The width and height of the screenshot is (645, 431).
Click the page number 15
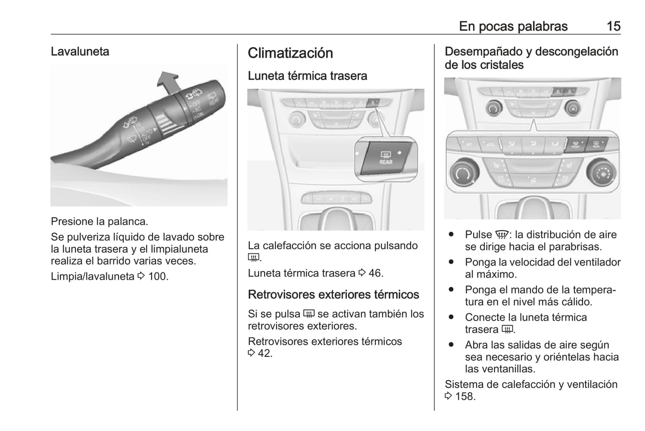[x=613, y=26]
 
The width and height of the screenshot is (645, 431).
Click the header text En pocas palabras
[x=513, y=26]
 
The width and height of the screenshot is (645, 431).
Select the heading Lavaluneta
[x=80, y=51]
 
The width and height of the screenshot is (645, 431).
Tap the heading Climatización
[x=290, y=53]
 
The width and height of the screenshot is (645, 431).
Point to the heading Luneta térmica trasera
[x=307, y=76]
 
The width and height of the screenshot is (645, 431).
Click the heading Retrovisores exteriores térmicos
[x=333, y=295]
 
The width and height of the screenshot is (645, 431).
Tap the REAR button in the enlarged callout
[x=385, y=158]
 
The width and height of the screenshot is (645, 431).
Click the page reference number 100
[x=158, y=276]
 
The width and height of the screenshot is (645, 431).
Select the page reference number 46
[x=375, y=273]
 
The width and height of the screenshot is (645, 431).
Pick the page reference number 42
[x=265, y=353]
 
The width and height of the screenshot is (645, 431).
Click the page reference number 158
[x=465, y=396]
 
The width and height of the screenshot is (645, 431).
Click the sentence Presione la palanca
[x=99, y=222]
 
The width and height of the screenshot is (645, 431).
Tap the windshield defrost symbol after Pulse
[x=502, y=235]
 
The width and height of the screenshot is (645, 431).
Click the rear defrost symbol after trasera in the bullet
[x=508, y=330]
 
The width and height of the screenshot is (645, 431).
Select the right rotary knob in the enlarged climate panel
[x=601, y=172]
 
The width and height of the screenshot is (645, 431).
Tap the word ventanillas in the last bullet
[x=506, y=369]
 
